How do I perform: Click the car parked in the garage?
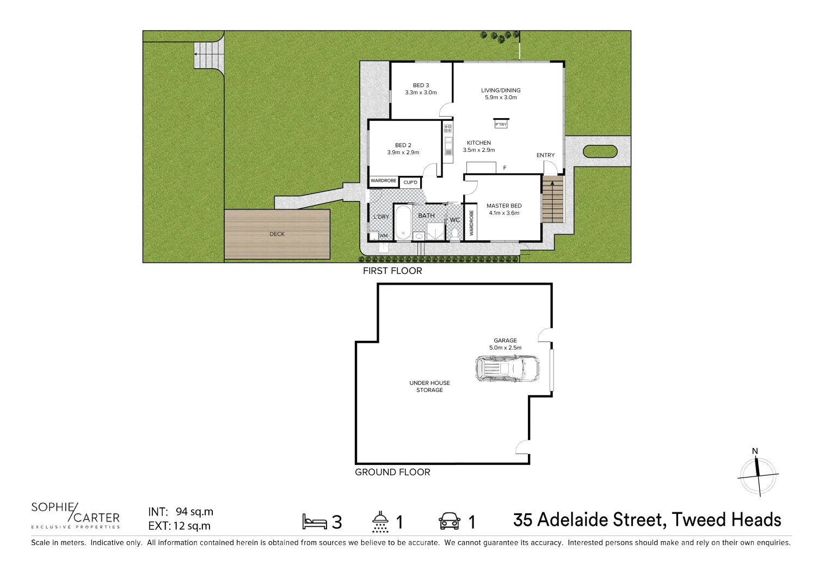click(508, 369)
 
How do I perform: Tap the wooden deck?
click(277, 234)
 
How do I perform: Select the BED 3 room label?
click(421, 85)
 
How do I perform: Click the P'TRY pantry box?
click(501, 124)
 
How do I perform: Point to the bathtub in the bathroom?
click(403, 222)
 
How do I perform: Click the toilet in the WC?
click(454, 233)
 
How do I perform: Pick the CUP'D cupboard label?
click(410, 182)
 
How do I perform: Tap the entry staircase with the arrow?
click(552, 199)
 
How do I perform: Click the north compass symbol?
click(758, 474)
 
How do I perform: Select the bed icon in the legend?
click(315, 522)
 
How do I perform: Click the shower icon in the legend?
click(380, 522)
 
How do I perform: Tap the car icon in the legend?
click(450, 521)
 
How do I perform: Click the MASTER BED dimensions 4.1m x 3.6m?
click(504, 213)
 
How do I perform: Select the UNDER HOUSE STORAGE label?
click(429, 386)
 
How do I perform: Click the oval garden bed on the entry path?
click(600, 152)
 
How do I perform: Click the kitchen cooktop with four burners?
click(447, 129)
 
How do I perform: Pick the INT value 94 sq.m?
click(194, 512)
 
